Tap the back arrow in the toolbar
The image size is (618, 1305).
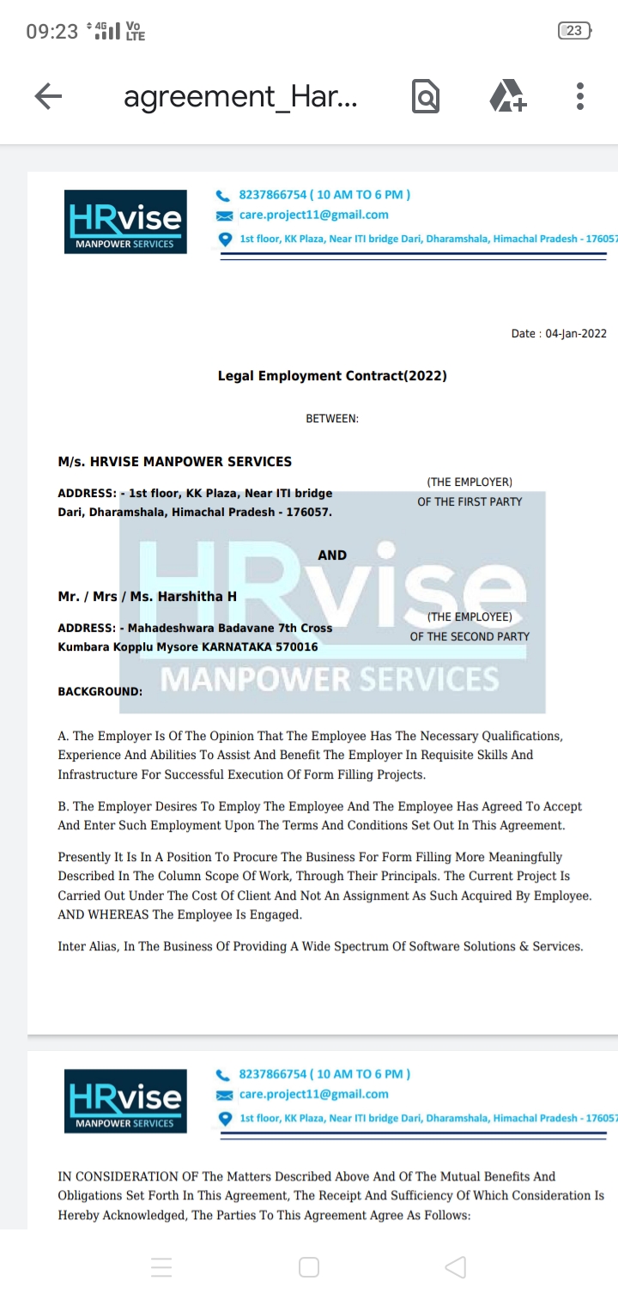click(x=48, y=97)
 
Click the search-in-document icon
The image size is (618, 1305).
click(x=426, y=97)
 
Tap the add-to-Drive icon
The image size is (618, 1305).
click(x=507, y=96)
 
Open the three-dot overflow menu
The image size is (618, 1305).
click(x=580, y=96)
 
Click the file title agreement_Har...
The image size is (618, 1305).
click(x=240, y=97)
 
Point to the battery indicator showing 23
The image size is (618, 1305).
click(x=573, y=31)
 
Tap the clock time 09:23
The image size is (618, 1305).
click(x=51, y=32)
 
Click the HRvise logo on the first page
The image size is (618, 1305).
click(x=125, y=222)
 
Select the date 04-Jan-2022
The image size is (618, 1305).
click(x=576, y=334)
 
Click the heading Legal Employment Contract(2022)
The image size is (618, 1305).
click(x=332, y=376)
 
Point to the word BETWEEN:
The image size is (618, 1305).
click(x=332, y=419)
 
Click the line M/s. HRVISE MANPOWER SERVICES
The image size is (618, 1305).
click(x=174, y=462)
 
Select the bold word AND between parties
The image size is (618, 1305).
click(x=332, y=555)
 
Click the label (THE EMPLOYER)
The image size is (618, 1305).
click(x=470, y=483)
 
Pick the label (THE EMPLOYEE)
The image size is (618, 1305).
click(x=470, y=617)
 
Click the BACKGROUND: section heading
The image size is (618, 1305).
click(x=100, y=691)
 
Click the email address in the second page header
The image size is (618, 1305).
click(x=313, y=1095)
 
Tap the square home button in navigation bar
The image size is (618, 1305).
click(x=309, y=1267)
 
